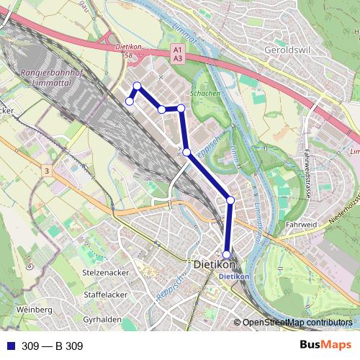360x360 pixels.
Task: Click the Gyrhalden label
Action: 102,319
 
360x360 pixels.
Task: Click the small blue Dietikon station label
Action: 233,276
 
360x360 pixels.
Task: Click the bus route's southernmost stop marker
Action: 226,254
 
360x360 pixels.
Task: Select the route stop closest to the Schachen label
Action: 181,108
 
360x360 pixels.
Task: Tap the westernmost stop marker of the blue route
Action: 130,102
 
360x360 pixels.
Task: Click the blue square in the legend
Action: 9,346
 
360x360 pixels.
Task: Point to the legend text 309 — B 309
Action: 53,346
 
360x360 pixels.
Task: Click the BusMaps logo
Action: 325,346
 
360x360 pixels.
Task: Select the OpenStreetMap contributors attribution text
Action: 297,323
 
